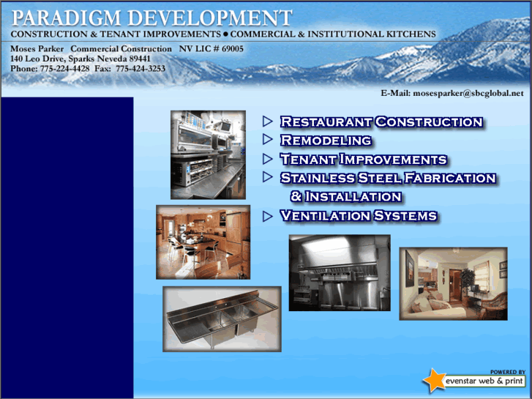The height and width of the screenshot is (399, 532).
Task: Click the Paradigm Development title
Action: pos(151,18)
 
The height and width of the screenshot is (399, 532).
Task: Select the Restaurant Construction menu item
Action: pos(381,122)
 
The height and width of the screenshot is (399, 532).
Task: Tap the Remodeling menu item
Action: pos(326,140)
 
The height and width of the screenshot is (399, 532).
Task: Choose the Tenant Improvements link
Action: pos(363,159)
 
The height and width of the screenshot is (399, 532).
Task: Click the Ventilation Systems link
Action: pos(359,216)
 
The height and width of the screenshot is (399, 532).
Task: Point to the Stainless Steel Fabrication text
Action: pos(388,178)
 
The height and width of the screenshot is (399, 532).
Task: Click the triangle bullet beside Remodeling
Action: pos(268,139)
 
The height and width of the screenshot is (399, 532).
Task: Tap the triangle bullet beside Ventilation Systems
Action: pos(268,215)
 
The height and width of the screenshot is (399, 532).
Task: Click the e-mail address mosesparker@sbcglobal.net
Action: pos(468,93)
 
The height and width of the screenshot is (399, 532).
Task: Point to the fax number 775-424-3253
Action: pos(140,69)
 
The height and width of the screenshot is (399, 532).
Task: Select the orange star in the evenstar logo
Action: pos(433,380)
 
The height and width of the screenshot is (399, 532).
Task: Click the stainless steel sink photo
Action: pos(222,318)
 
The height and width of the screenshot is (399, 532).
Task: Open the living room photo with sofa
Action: pos(452,283)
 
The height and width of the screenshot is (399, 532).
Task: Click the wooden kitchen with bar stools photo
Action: pos(203,242)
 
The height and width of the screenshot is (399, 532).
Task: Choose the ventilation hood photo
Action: pos(340,272)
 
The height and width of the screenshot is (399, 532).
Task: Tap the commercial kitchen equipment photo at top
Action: pos(208,154)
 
